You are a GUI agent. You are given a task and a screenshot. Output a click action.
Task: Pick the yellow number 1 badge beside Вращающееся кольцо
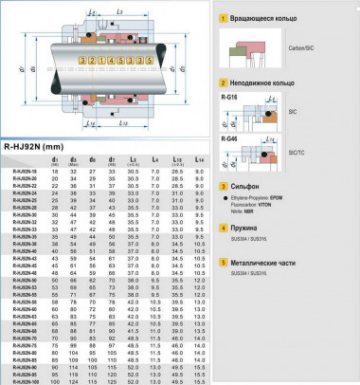222,18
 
